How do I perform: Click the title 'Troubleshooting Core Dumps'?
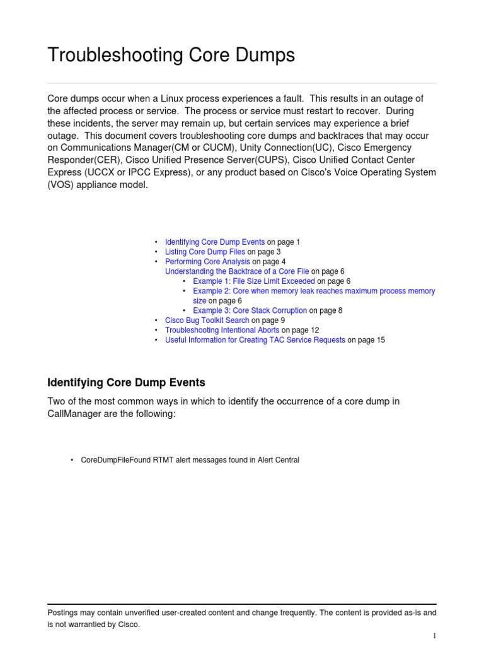point(171,56)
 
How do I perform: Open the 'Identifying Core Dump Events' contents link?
point(214,242)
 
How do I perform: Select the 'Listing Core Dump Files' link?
point(205,252)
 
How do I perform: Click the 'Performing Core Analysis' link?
point(207,261)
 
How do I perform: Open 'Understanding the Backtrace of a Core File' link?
point(237,271)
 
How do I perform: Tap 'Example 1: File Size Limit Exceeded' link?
point(254,281)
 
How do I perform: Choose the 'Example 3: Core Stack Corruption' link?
point(250,310)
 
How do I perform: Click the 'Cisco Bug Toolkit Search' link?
point(207,320)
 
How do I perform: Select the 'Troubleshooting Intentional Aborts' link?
point(222,330)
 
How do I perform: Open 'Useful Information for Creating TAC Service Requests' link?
point(255,340)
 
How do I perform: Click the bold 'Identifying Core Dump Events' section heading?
point(127,382)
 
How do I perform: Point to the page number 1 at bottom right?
point(434,635)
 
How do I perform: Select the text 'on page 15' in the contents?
point(366,340)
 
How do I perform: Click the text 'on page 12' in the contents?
point(301,330)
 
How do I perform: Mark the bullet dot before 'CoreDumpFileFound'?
point(72,460)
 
